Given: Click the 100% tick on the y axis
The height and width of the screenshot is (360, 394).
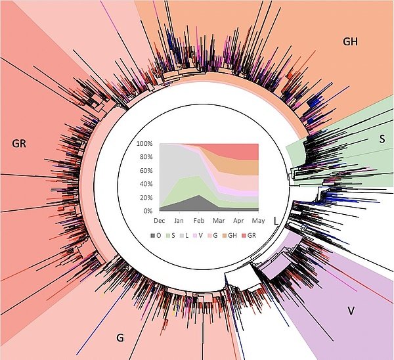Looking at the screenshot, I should [x=144, y=144].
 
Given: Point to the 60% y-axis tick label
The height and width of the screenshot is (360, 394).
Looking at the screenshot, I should [x=145, y=171].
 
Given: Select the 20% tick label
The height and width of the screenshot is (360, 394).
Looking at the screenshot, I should [x=145, y=198].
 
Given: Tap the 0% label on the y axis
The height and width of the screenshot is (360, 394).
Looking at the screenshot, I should [x=147, y=211].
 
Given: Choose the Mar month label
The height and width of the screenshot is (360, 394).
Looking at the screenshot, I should [x=219, y=221].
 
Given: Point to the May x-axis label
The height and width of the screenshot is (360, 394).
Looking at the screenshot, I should [x=259, y=221].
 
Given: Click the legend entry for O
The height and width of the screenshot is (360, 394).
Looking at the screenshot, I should [x=156, y=235].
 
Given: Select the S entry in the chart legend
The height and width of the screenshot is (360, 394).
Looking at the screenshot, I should [x=173, y=235].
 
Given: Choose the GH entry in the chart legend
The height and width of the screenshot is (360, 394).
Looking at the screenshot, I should [x=240, y=235].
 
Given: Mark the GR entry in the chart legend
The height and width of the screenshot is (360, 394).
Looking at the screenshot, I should [x=260, y=235].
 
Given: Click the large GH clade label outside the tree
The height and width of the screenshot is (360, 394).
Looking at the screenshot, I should [x=351, y=41].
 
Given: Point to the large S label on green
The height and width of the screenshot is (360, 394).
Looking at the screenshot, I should [x=382, y=139].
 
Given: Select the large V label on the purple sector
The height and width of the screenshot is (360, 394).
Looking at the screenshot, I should [x=351, y=310].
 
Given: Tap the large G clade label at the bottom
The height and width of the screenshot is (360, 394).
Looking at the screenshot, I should [x=120, y=338].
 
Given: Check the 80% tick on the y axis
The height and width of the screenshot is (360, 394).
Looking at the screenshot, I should [x=145, y=158].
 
